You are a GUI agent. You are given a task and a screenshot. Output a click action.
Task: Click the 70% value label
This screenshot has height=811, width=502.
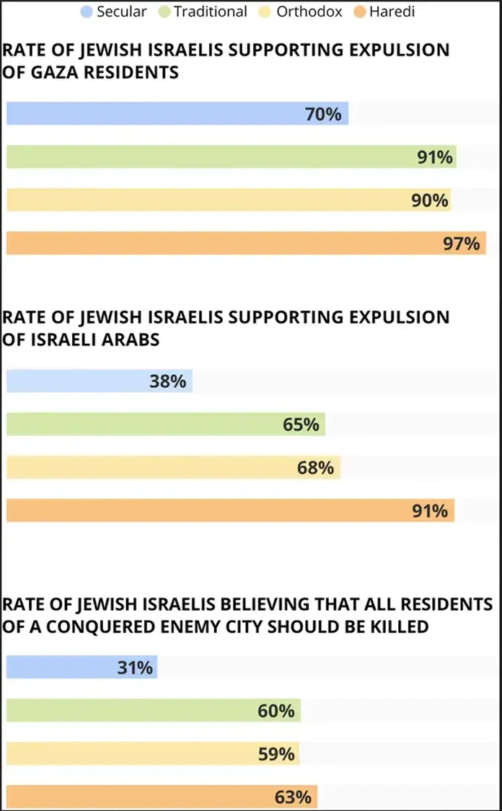point(323,114)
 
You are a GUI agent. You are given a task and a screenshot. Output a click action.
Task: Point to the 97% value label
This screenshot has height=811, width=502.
point(462,244)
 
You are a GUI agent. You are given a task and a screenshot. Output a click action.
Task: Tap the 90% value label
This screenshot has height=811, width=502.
point(431,200)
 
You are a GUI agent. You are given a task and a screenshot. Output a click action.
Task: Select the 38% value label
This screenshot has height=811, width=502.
point(168,381)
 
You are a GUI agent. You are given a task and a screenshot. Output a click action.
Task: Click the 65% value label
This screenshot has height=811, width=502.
point(301,425)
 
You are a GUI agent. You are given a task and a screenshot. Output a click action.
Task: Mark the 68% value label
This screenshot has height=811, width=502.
point(316,468)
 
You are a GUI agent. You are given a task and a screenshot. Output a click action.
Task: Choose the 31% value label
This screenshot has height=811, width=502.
point(136,668)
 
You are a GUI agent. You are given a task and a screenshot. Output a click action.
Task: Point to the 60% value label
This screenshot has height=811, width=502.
point(276,712)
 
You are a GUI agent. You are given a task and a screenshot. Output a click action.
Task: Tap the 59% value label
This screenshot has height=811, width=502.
point(276,755)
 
